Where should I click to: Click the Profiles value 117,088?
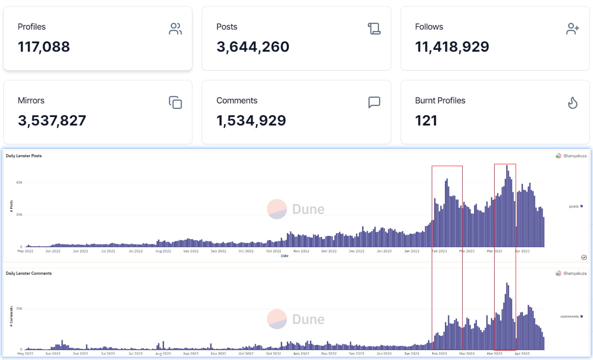pyautogui.click(x=44, y=47)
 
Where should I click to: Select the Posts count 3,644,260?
pyautogui.click(x=253, y=47)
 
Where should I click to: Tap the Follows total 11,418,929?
pyautogui.click(x=452, y=47)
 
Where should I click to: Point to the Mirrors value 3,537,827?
pyautogui.click(x=52, y=121)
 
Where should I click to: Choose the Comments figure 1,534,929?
pyautogui.click(x=251, y=121)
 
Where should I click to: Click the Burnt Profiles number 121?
pyautogui.click(x=426, y=121)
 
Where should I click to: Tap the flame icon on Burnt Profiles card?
pyautogui.click(x=572, y=102)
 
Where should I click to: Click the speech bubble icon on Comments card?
pyautogui.click(x=374, y=102)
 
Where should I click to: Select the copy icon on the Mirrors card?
pyautogui.click(x=175, y=102)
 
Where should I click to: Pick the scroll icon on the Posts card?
pyautogui.click(x=374, y=29)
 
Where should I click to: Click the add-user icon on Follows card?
pyautogui.click(x=572, y=29)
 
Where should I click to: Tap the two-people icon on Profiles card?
pyautogui.click(x=175, y=29)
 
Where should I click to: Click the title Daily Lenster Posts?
pyautogui.click(x=24, y=156)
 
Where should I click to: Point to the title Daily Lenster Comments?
pyautogui.click(x=29, y=273)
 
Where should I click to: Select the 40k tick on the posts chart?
pyautogui.click(x=19, y=182)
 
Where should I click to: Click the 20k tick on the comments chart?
pyautogui.click(x=19, y=309)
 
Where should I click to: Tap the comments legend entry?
pyautogui.click(x=571, y=316)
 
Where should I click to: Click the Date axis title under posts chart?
pyautogui.click(x=285, y=256)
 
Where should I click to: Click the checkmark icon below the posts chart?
pyautogui.click(x=584, y=257)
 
